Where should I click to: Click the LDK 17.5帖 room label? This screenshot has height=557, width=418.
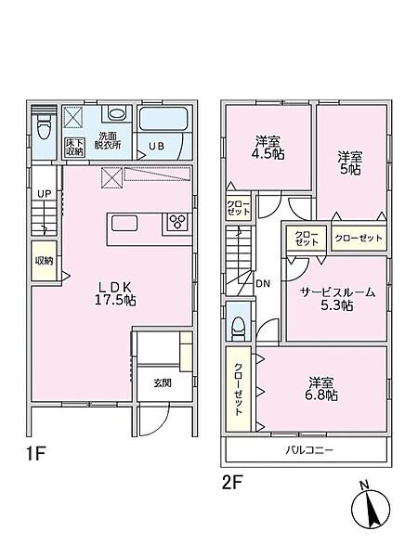(114, 293)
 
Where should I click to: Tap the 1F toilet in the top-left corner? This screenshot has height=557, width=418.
(44, 127)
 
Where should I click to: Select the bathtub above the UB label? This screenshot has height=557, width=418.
(163, 119)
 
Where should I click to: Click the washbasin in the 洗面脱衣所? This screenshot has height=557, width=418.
(117, 113)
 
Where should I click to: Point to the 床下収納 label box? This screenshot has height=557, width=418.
(74, 147)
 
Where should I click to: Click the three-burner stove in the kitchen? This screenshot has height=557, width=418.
(176, 222)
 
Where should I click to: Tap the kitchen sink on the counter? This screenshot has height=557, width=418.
(124, 223)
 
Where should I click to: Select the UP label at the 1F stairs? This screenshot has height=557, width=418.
(45, 194)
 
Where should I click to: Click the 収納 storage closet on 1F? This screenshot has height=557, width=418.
(44, 260)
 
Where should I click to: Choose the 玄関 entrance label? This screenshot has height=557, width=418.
(163, 382)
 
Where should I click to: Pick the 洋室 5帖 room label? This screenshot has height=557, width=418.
(350, 162)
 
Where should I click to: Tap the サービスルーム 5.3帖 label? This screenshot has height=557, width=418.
(337, 299)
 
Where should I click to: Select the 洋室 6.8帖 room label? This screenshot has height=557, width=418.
(322, 389)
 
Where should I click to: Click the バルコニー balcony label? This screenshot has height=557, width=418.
(309, 450)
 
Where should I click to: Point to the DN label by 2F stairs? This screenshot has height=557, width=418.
(263, 283)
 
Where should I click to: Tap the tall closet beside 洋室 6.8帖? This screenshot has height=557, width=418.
(239, 390)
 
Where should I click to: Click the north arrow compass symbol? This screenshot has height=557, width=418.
(371, 506)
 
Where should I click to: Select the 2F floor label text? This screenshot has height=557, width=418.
(232, 483)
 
